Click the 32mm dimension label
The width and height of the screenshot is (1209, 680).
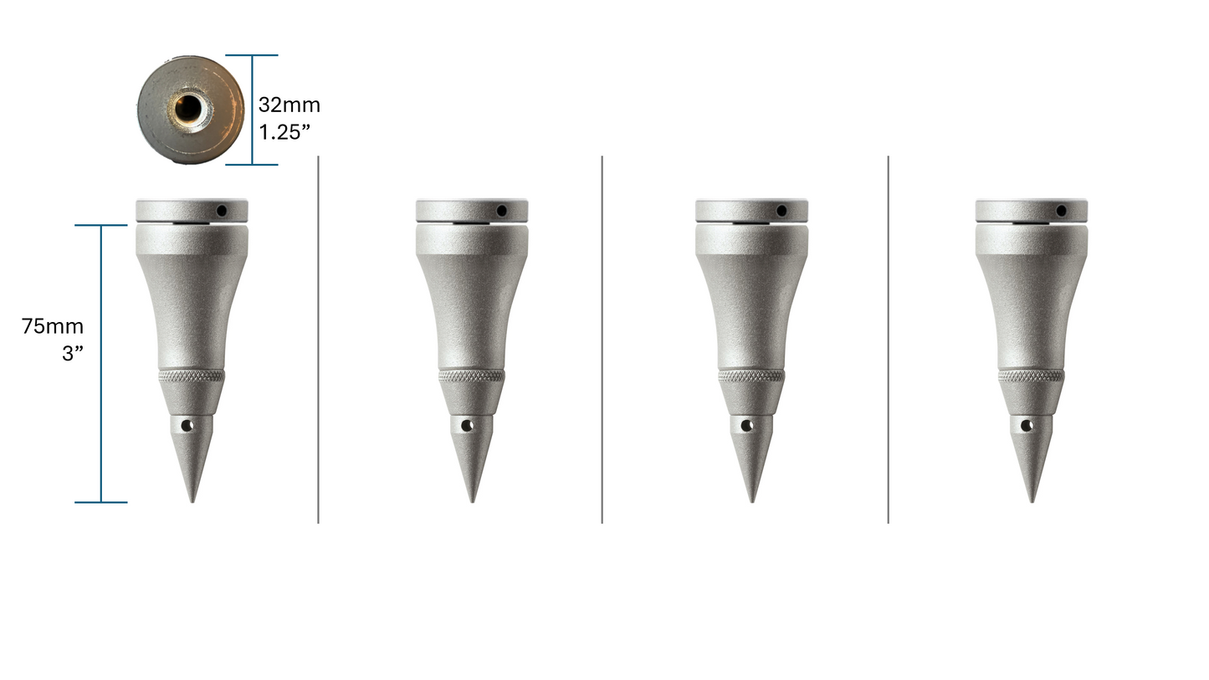pos(289,105)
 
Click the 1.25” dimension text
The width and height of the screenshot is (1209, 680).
pos(285,132)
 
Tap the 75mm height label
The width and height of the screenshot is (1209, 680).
pos(53,326)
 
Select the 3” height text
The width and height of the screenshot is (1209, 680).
pos(73,353)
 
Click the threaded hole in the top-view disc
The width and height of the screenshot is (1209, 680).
pos(189,108)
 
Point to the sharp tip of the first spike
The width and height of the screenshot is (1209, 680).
pos(192,500)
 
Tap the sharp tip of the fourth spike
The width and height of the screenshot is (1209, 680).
pos(1032,500)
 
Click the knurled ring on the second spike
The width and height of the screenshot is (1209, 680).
pos(472,376)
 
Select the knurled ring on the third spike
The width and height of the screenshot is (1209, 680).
pos(751,376)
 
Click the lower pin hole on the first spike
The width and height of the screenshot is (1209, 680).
pos(187,426)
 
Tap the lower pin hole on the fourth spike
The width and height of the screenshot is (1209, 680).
pos(1026,426)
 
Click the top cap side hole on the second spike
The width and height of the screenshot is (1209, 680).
pos(501,211)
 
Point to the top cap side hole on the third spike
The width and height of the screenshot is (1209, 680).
pos(781,211)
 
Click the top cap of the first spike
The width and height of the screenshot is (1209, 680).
pos(192,211)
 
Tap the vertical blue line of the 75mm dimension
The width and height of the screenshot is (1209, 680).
pos(101,364)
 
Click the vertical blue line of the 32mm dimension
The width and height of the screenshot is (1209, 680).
pos(252,110)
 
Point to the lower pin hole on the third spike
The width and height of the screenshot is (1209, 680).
pos(746,426)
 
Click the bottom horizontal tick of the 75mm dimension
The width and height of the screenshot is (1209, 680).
pos(101,502)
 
